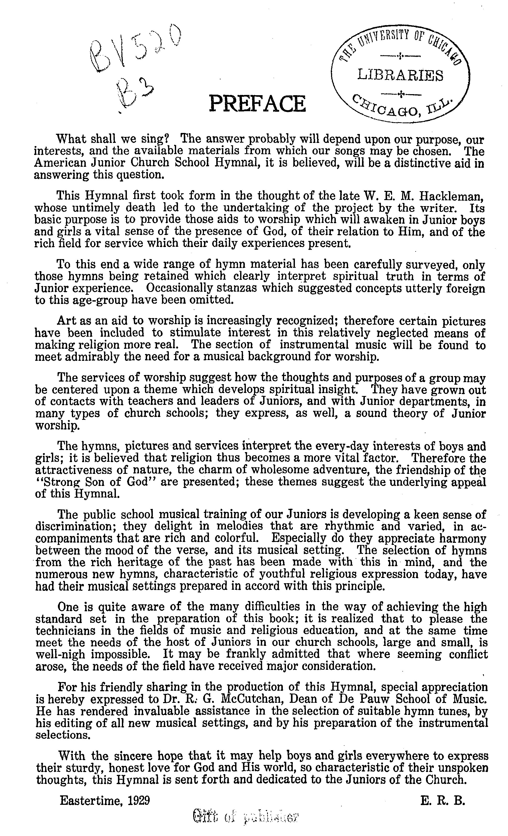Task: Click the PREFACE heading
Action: (257, 104)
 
